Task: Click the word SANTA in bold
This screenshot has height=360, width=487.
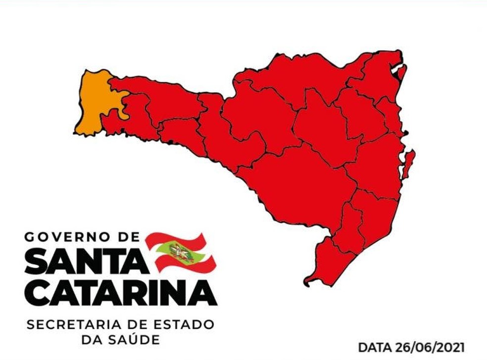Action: pos(86,261)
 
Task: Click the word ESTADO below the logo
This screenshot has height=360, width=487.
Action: pos(182,325)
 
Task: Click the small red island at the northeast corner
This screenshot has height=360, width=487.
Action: pos(402,72)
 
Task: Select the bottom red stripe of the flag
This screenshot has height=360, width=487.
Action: pos(188,266)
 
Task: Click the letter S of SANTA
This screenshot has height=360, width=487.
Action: pos(36,261)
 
